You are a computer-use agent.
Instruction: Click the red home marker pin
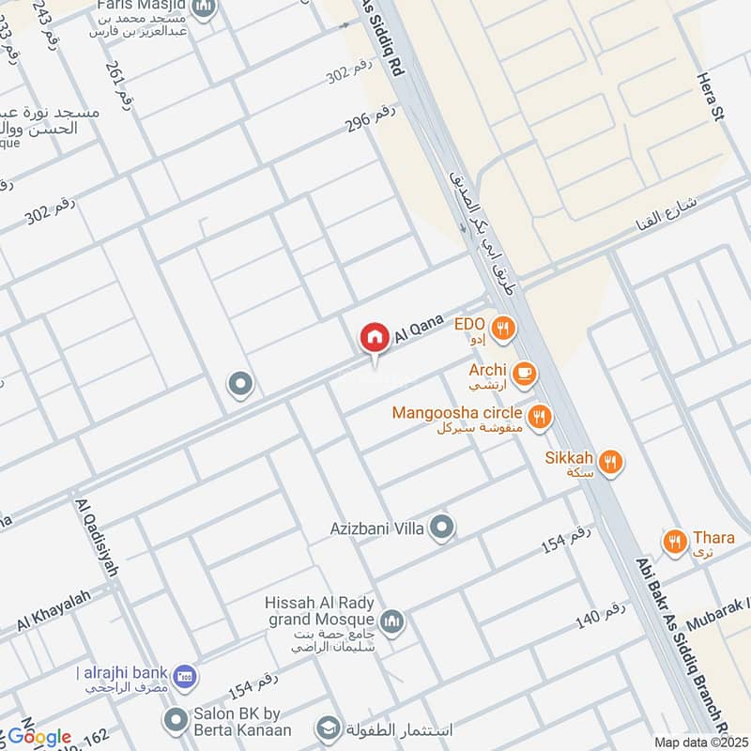point(374,337)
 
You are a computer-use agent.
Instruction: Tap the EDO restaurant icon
point(504,328)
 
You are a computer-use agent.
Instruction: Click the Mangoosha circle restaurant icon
point(539,416)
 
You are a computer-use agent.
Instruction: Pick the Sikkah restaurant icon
point(611,460)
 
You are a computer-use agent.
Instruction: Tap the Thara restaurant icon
point(674,541)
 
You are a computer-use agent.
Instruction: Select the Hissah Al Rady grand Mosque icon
point(392,621)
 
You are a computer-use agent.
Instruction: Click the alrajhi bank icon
point(185,674)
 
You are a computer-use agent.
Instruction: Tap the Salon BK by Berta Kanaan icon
point(175,721)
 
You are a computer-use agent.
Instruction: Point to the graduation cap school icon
point(327,728)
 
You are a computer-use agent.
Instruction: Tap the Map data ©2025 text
point(698,743)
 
